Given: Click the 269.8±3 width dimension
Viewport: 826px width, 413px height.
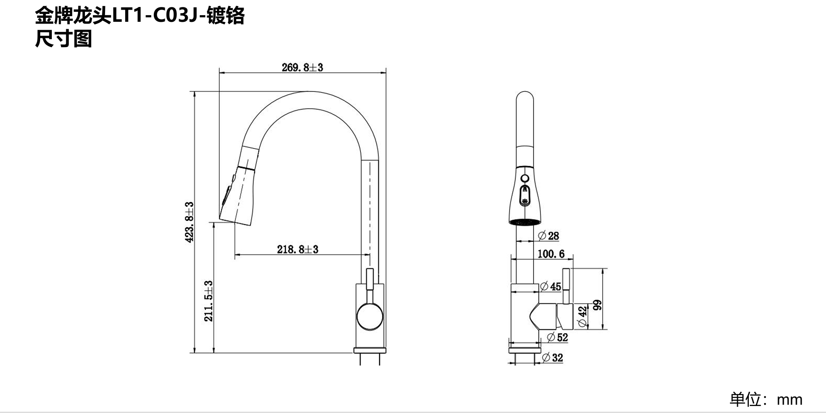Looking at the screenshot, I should point(302,68).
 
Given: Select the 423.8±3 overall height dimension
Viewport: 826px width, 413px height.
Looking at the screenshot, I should point(190,222).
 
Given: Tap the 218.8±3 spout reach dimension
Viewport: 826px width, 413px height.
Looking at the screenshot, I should point(298,249).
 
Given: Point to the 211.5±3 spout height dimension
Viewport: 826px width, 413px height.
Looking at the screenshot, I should point(209,301).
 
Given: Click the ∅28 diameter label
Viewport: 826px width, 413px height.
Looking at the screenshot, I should point(548,236).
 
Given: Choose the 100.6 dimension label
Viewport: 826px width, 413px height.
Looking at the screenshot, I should point(551,254).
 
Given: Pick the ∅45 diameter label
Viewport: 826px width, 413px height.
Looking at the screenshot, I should point(551,287).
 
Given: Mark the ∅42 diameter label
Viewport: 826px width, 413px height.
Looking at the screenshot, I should point(582,316).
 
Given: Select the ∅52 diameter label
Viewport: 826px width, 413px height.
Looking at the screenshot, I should point(557,337).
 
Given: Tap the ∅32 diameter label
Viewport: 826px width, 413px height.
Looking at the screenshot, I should point(552,358).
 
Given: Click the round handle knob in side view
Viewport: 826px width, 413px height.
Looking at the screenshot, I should point(370,317).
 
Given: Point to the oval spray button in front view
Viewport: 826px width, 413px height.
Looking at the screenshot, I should point(525,196).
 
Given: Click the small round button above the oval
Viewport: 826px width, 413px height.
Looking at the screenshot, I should point(525,178).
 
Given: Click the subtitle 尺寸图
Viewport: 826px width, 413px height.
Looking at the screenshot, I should point(63,39).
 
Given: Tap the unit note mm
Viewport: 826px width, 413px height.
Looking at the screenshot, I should point(789,399).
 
